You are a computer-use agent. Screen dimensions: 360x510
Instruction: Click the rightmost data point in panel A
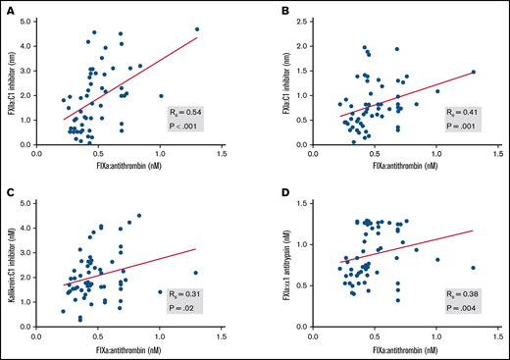(197, 29)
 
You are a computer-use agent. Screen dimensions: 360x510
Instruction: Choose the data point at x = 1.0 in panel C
(160, 291)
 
